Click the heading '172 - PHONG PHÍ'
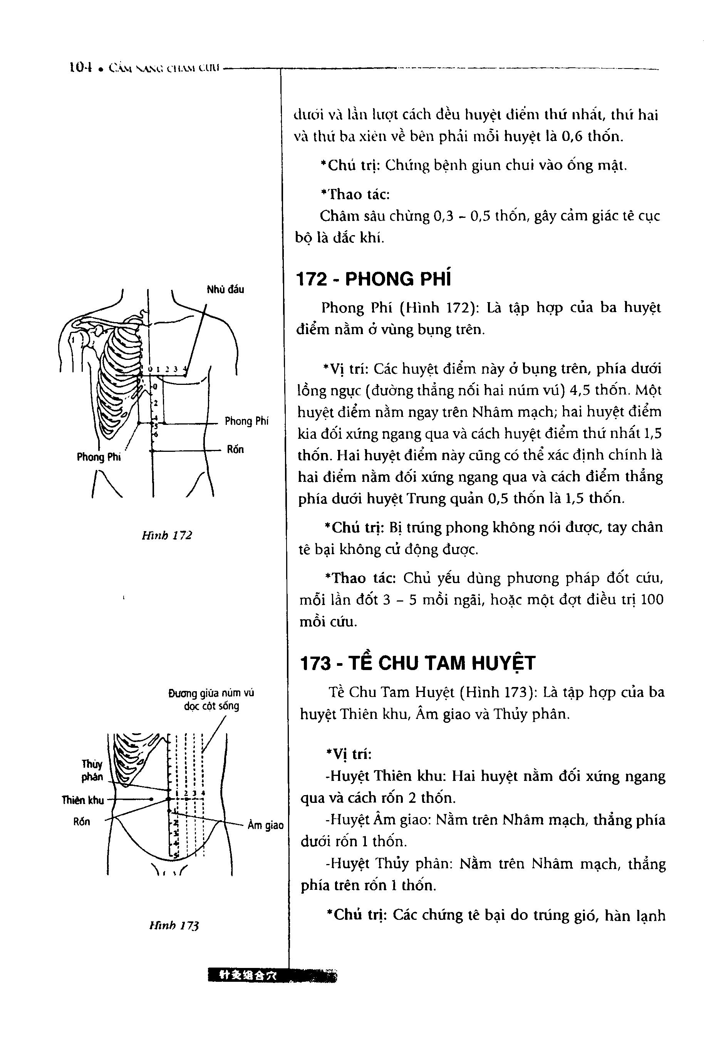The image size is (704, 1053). pos(374,279)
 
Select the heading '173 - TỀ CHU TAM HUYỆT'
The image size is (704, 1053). pos(417,663)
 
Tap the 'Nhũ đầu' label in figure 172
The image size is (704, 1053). pos(225,289)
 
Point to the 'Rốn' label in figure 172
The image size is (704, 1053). pos(235,450)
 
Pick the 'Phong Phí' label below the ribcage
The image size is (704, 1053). pos(99,457)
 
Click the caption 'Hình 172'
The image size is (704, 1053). pos(167,535)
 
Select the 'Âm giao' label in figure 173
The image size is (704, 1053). pos(266,825)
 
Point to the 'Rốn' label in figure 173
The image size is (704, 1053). pos(81,821)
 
